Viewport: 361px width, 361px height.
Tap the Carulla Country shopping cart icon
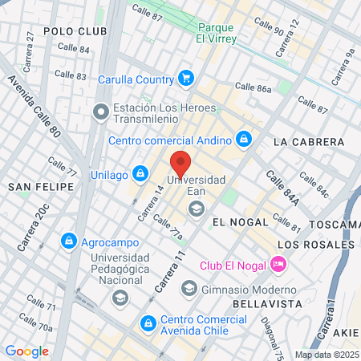pos(186,79)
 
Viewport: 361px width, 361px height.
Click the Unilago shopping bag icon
pos(140,172)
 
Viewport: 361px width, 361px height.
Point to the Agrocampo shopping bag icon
pos(70,240)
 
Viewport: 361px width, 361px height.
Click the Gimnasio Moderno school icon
pos(189,287)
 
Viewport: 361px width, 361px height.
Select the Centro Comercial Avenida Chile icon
pos(148,323)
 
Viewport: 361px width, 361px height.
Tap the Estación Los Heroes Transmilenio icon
pos(101,112)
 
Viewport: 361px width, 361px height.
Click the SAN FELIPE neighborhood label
pos(41,186)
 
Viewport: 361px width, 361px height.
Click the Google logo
pos(26,351)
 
